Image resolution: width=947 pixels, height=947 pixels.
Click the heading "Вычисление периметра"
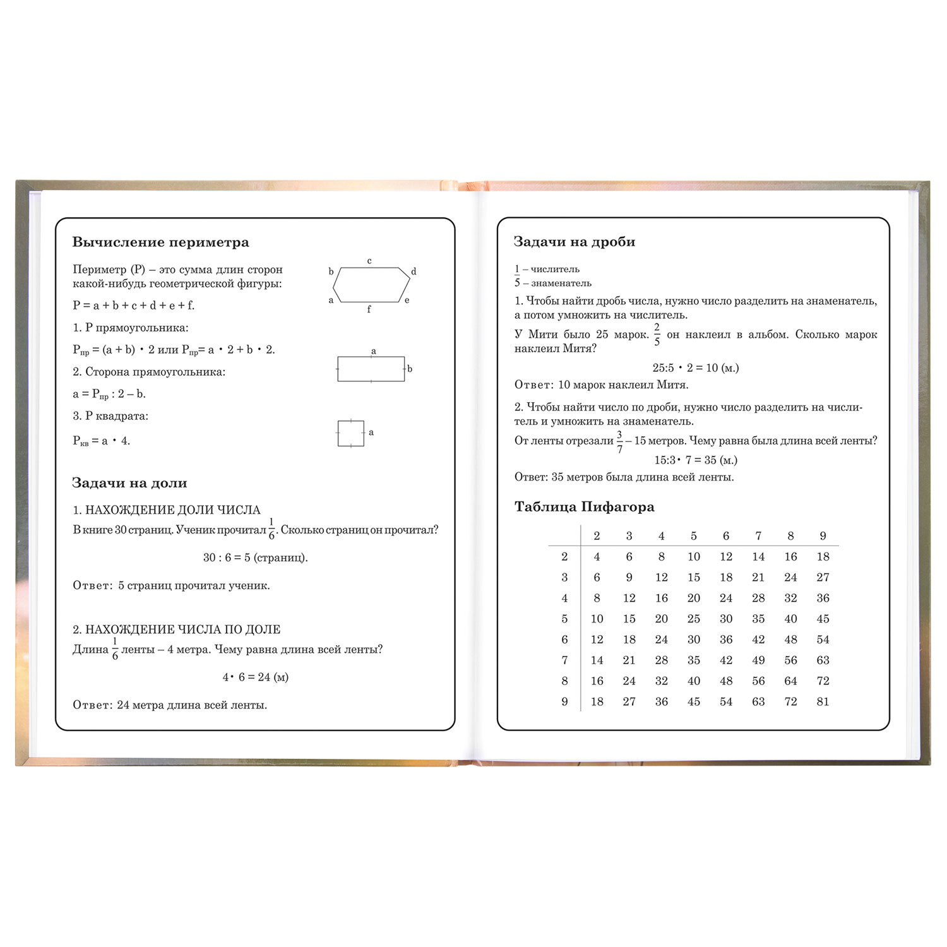pyautogui.click(x=160, y=242)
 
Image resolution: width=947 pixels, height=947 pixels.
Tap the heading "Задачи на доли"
pyautogui.click(x=129, y=483)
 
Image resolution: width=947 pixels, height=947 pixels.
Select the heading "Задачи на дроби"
pyautogui.click(x=575, y=242)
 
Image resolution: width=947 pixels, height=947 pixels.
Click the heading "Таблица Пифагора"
pyautogui.click(x=584, y=507)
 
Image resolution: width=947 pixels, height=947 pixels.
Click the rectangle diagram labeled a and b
pyautogui.click(x=371, y=369)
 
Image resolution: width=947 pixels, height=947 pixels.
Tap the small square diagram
pyautogui.click(x=350, y=433)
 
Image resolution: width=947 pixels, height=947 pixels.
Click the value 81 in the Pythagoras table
pyautogui.click(x=823, y=701)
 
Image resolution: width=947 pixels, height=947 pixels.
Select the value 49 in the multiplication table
pyautogui.click(x=758, y=660)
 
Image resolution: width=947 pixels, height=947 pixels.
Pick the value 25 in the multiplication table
pyautogui.click(x=693, y=619)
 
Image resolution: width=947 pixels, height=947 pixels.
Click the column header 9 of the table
pyautogui.click(x=823, y=536)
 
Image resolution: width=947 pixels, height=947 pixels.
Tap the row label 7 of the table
pyautogui.click(x=564, y=660)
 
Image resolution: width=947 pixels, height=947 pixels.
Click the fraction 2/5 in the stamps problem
pyautogui.click(x=657, y=334)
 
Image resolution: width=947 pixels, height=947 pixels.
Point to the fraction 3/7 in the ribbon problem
pyautogui.click(x=619, y=441)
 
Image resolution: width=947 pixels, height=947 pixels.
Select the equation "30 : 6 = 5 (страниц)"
pyautogui.click(x=255, y=557)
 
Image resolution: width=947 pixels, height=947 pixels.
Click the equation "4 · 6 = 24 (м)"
pyautogui.click(x=255, y=677)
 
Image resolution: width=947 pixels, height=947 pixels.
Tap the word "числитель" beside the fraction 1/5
pyautogui.click(x=555, y=269)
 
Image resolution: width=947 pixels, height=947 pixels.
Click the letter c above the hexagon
pyautogui.click(x=369, y=261)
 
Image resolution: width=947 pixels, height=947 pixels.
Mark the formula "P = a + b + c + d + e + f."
pyautogui.click(x=134, y=306)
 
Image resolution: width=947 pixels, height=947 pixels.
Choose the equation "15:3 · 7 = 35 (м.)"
pyautogui.click(x=696, y=460)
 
